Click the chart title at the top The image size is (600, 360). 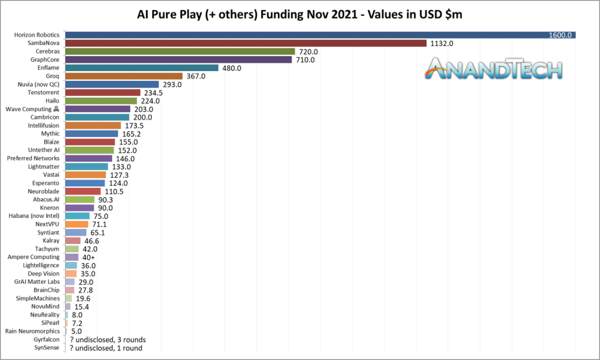click(300, 14)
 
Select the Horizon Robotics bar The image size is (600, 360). click(320, 35)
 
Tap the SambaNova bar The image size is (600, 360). click(246, 43)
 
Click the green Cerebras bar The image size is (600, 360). click(180, 51)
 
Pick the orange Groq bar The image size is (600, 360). click(124, 76)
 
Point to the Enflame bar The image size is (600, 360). click(142, 68)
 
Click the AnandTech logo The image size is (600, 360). click(494, 69)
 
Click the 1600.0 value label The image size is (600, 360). click(560, 35)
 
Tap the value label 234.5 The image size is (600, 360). click(156, 93)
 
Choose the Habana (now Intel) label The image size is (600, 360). click(34, 216)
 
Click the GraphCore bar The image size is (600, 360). click(178, 59)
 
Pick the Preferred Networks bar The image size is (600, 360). click(88, 158)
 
